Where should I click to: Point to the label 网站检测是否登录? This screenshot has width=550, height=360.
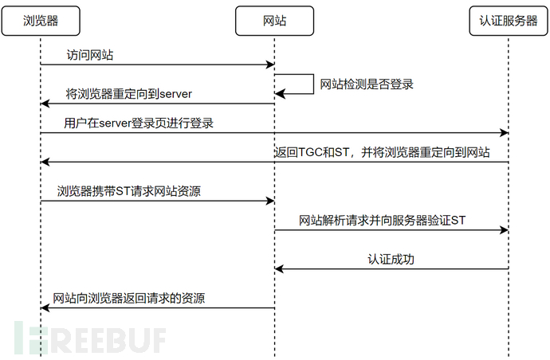click(x=367, y=84)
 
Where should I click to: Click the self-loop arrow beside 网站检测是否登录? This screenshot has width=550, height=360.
click(x=304, y=84)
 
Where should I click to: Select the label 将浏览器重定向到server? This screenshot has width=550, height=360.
click(x=128, y=95)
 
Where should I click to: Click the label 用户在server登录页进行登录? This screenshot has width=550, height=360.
click(x=139, y=123)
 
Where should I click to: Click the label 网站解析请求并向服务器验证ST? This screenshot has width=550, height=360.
click(x=382, y=220)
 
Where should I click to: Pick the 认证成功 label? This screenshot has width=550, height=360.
click(x=391, y=259)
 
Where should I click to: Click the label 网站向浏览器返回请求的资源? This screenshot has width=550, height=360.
click(x=128, y=298)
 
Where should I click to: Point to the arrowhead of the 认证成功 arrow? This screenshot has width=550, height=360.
click(x=280, y=269)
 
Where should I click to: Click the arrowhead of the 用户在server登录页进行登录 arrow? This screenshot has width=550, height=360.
click(x=504, y=133)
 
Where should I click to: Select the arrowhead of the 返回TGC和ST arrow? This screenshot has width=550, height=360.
click(x=45, y=162)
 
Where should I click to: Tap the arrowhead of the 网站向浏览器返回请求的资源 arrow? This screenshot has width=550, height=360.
click(x=45, y=307)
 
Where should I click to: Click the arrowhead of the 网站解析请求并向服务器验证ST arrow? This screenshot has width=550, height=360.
click(x=504, y=230)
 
